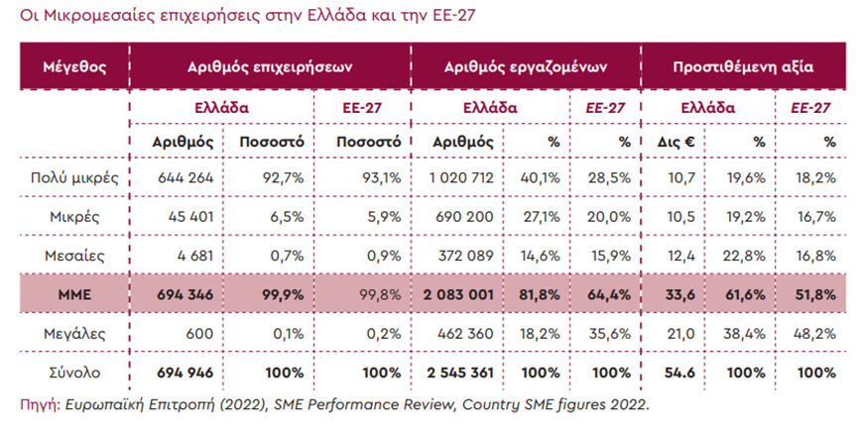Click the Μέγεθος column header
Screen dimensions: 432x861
(x=75, y=68)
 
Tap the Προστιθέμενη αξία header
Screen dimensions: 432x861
(x=743, y=68)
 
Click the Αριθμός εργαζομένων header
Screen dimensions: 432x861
(x=526, y=68)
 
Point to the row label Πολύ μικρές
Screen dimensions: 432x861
(x=75, y=178)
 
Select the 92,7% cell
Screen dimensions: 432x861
(x=282, y=178)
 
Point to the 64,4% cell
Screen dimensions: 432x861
(x=610, y=293)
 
